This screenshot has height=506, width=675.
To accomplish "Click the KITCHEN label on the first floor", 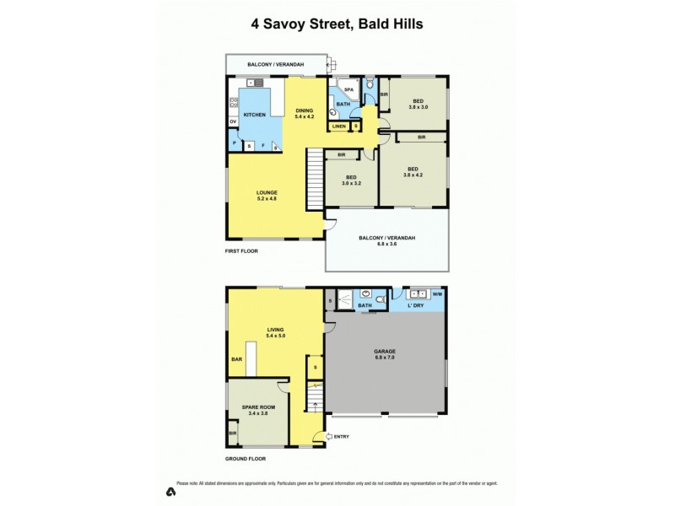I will click(254, 115).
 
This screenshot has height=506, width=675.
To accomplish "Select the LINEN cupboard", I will click(337, 126).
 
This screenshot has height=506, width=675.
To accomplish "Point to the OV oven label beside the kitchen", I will click(232, 122).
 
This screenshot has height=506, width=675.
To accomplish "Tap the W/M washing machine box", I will click(436, 295).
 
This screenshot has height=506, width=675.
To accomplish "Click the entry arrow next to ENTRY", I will click(317, 436).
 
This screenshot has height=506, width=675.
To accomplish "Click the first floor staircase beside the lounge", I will click(315, 178).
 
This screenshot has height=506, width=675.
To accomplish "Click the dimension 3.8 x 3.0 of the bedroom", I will click(418, 107).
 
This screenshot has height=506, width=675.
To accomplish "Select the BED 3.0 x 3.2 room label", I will click(350, 180).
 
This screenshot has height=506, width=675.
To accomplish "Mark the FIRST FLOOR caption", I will click(241, 251).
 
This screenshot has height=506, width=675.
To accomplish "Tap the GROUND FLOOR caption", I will click(245, 459).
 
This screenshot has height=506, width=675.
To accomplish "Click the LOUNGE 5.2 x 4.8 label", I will click(267, 196).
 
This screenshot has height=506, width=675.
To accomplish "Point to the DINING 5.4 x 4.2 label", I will click(304, 114).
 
